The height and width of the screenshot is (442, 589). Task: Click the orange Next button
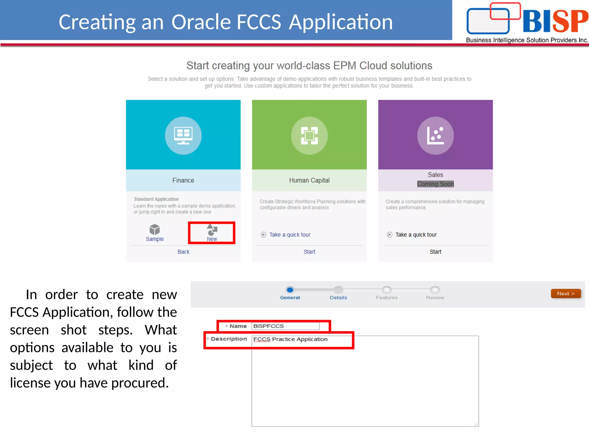click(x=565, y=294)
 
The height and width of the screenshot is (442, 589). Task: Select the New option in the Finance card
click(x=212, y=233)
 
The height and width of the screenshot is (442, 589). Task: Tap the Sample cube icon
click(x=155, y=229)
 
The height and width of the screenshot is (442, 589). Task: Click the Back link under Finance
click(x=183, y=252)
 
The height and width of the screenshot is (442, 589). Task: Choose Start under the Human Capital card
click(x=309, y=252)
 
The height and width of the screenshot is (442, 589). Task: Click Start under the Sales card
click(x=435, y=252)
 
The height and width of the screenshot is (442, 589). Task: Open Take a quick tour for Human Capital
click(x=290, y=235)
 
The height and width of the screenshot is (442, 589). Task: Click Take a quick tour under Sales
click(x=416, y=235)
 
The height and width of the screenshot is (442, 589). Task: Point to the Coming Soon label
click(x=435, y=184)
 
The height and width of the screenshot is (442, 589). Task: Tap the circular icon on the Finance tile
click(x=183, y=136)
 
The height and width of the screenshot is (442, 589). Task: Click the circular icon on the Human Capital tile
click(x=309, y=136)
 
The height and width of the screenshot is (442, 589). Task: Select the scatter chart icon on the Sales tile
click(x=435, y=136)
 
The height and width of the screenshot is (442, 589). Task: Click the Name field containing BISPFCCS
click(x=285, y=326)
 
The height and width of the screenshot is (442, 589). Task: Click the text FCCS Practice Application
click(x=290, y=339)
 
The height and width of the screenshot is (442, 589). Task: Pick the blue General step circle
click(x=290, y=290)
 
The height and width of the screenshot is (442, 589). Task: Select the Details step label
click(x=338, y=298)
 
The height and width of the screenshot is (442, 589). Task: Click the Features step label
click(x=387, y=298)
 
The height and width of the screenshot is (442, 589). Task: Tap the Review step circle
click(x=435, y=290)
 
